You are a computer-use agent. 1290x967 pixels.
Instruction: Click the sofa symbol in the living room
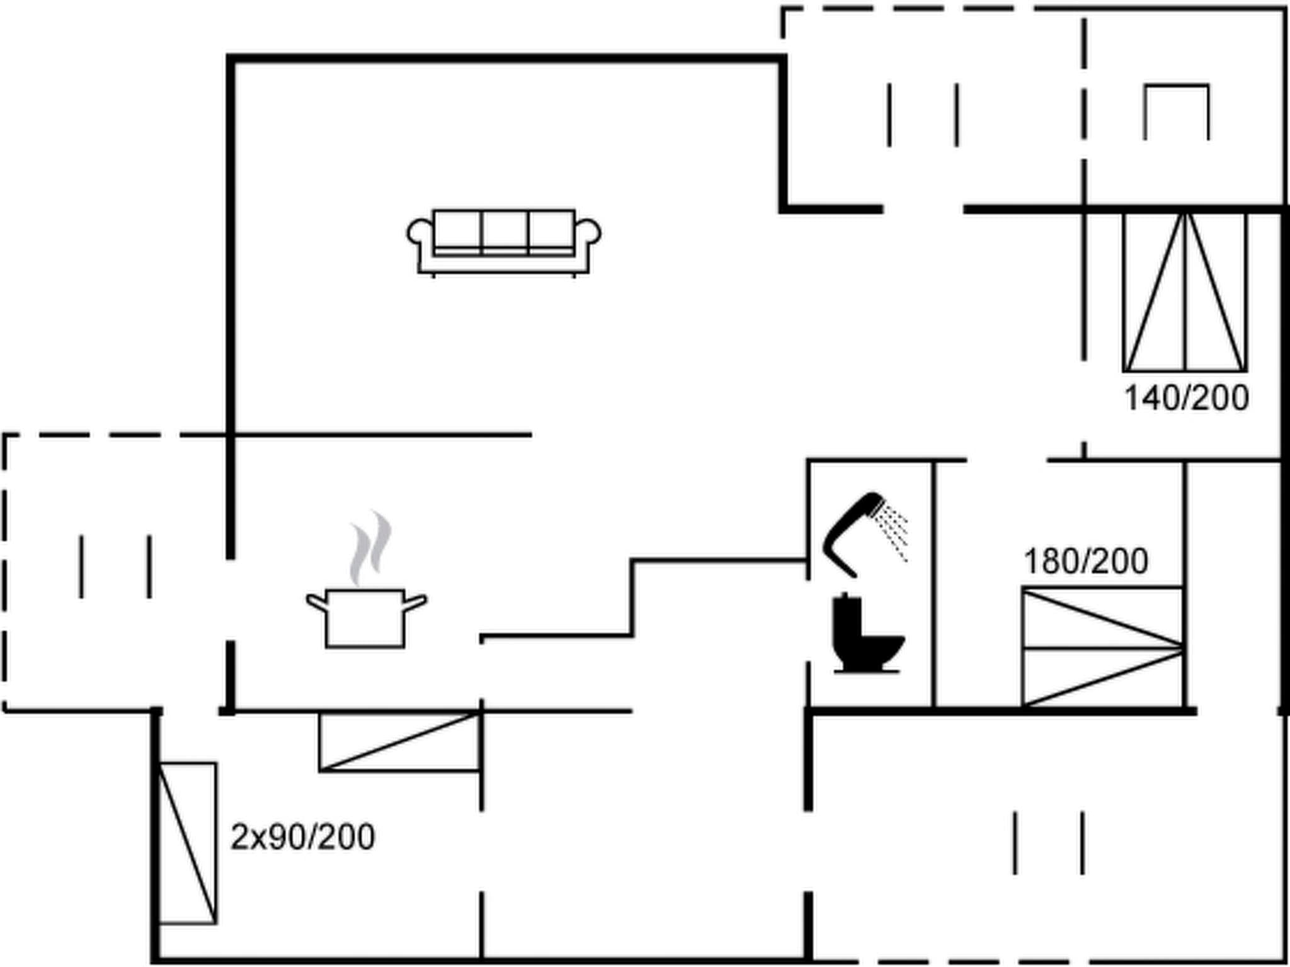point(504,241)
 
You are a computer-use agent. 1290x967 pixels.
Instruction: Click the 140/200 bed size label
point(1186,399)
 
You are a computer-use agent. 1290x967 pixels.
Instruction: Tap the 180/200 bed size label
point(1085,561)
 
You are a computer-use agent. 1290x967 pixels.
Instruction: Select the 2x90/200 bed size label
point(302,837)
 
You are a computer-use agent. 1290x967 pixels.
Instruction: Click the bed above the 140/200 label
point(1185,291)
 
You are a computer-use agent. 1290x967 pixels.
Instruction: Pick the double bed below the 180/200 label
point(1102,647)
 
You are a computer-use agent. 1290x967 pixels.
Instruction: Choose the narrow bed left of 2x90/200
point(187,843)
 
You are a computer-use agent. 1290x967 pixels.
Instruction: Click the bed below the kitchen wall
point(400,742)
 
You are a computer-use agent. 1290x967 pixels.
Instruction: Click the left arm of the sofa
point(420,234)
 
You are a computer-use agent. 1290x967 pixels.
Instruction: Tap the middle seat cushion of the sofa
point(505,231)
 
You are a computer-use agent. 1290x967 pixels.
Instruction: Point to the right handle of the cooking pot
point(415,603)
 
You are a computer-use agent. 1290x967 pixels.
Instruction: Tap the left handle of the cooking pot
point(316,603)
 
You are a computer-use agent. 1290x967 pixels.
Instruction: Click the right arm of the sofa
point(588,234)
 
